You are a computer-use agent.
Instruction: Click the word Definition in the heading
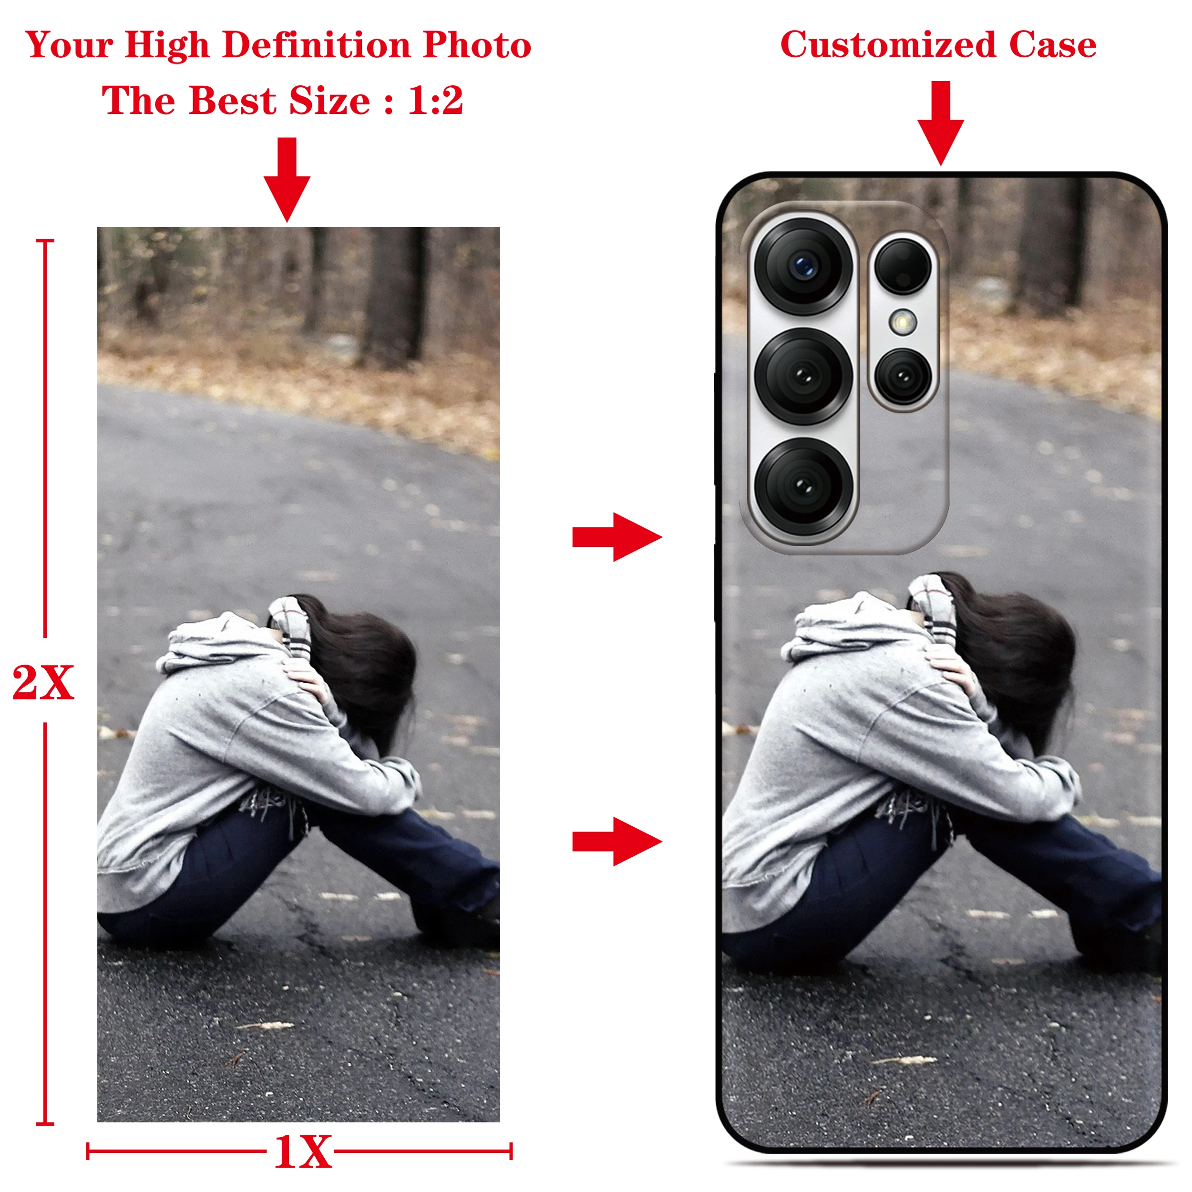(x=317, y=45)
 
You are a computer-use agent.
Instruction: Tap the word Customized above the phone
(x=888, y=45)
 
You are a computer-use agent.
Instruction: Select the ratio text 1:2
(x=435, y=100)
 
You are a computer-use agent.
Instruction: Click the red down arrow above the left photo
(x=287, y=179)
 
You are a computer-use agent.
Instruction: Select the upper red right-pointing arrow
(x=617, y=537)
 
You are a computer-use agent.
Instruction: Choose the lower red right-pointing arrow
(x=617, y=842)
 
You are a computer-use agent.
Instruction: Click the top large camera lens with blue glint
(x=803, y=267)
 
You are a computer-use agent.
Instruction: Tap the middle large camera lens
(x=803, y=376)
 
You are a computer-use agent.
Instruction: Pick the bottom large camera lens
(x=803, y=486)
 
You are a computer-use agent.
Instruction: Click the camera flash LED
(x=903, y=321)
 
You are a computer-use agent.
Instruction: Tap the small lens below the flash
(x=903, y=376)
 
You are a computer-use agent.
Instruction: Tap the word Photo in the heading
(x=477, y=45)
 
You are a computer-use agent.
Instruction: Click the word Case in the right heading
(x=1053, y=45)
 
